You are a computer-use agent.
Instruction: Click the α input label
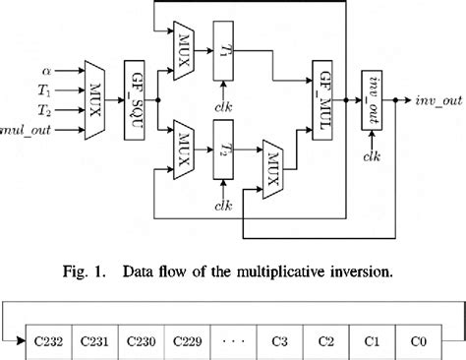pos(47,71)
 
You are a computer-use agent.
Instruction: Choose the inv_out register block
pos(373,98)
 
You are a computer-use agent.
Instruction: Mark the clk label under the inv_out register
pos(373,154)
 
